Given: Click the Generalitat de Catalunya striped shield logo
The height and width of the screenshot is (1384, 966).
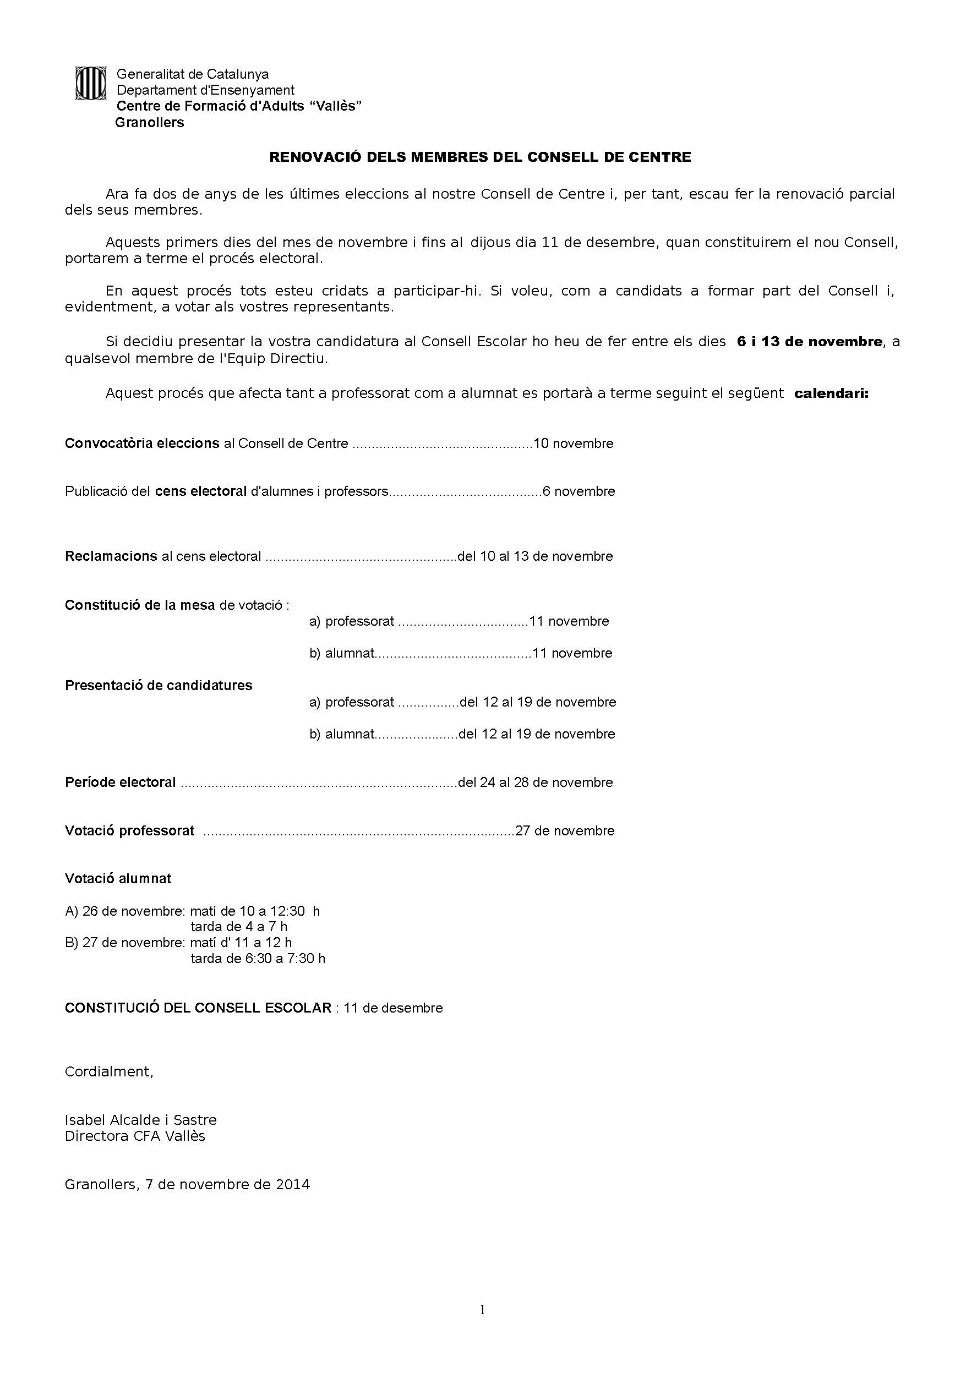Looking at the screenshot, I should (x=90, y=83).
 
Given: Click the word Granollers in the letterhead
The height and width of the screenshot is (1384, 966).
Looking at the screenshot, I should (x=150, y=122).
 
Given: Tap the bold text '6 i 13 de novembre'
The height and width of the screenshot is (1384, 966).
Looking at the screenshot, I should (x=809, y=342).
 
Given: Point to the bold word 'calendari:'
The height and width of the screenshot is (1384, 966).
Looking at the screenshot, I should (x=832, y=393).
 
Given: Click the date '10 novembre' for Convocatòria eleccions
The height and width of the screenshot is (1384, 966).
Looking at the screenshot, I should (x=574, y=444).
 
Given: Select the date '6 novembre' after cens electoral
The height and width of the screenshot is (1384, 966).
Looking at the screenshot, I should (x=579, y=491).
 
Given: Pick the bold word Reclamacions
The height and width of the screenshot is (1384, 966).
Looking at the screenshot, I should (x=111, y=556).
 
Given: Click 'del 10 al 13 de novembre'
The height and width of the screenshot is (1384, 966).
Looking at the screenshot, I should (x=536, y=556).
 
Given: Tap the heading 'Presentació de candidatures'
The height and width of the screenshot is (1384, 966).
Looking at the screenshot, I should (x=159, y=685).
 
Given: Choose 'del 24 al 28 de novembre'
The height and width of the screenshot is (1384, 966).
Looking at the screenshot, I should (x=536, y=783).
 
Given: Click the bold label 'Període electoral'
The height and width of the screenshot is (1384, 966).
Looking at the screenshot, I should (x=121, y=783).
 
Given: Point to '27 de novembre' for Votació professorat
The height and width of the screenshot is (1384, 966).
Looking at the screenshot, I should (x=565, y=830).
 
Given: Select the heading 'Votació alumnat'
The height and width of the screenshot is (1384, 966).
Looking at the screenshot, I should (x=118, y=878).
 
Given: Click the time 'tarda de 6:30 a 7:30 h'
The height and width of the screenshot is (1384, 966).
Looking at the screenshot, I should (x=258, y=959).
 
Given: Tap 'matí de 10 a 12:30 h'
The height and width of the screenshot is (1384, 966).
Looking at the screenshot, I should (x=254, y=911).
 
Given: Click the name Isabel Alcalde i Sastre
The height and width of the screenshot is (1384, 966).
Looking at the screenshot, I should (x=140, y=1120).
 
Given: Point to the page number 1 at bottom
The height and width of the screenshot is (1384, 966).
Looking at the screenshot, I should (x=482, y=1309).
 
